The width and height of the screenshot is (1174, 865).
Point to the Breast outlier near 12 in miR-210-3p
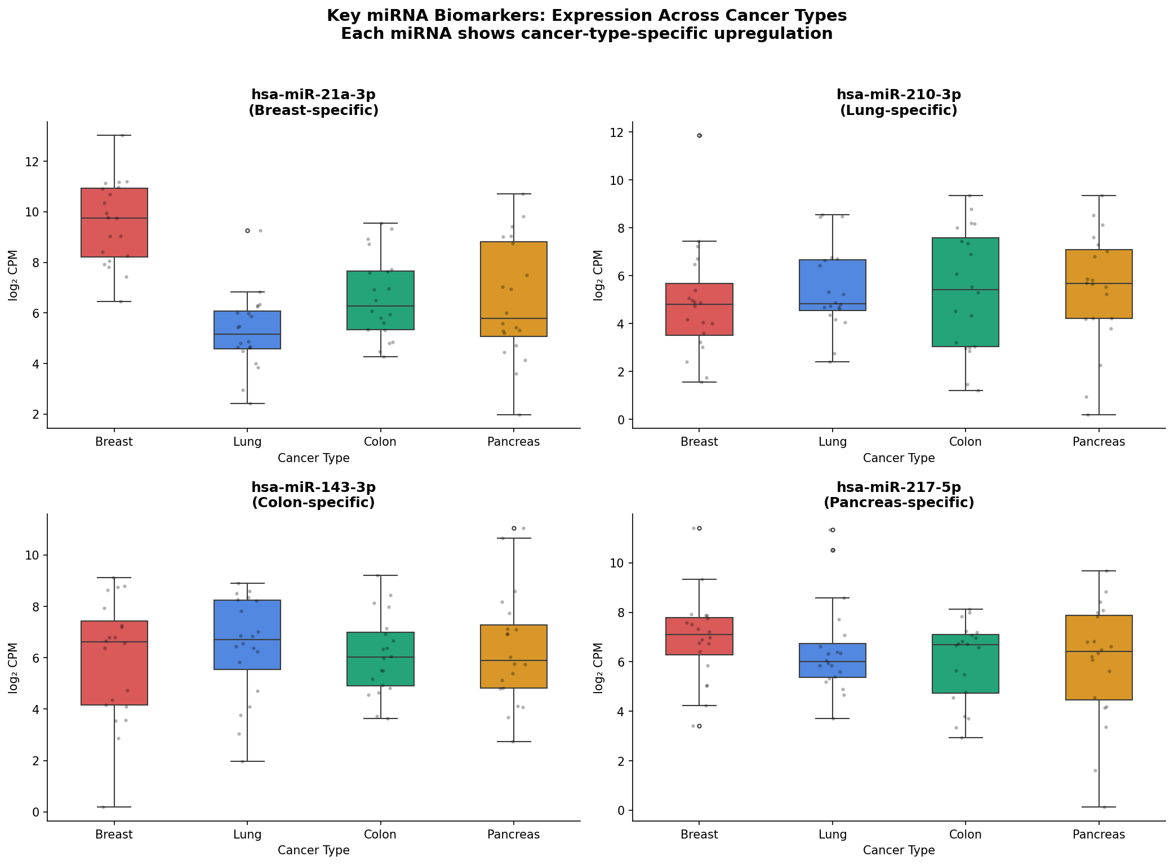(699, 135)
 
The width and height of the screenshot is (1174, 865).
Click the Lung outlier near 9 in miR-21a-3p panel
(247, 230)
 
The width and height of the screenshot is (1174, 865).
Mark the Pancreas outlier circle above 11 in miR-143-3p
(513, 528)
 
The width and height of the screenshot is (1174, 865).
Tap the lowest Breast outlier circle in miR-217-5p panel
(699, 726)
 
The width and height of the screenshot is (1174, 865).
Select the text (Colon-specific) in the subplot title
(313, 503)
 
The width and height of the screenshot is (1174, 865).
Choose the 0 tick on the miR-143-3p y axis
(37, 812)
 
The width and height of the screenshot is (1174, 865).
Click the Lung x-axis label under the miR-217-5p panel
(832, 835)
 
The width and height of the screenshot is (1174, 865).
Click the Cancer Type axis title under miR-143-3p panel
(313, 850)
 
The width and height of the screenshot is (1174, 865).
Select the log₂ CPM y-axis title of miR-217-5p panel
(598, 667)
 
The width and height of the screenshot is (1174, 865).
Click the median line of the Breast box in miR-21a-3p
(114, 218)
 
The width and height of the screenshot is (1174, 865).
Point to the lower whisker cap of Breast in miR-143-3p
(114, 807)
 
